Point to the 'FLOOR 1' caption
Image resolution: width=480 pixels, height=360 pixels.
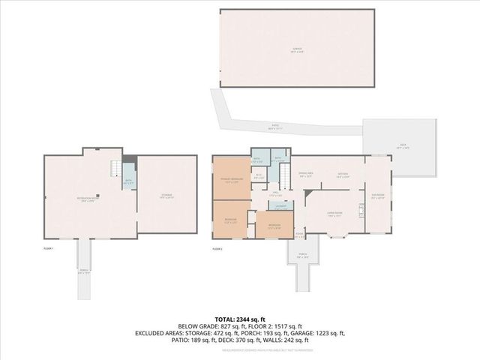(49, 247)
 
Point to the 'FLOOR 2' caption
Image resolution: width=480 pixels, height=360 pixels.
(218, 247)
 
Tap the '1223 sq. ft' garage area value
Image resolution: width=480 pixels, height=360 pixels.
(327, 332)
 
